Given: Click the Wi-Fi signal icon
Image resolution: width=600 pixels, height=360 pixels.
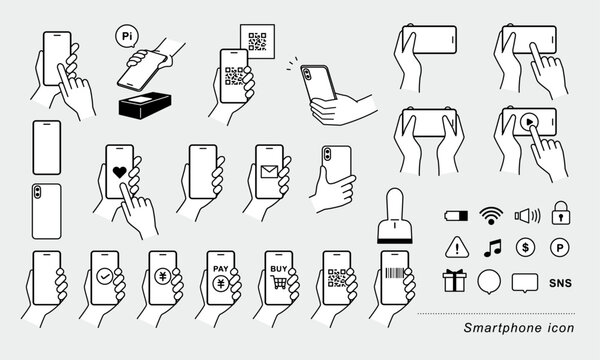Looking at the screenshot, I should pos(489,214).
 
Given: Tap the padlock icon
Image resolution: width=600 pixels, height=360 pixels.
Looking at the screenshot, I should pos(563,214).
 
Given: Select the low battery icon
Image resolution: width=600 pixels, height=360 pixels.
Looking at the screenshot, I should pos(452,215).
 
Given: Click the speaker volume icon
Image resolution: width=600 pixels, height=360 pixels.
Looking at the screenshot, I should pos(526,214).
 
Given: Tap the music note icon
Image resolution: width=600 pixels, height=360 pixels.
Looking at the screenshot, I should pos(489,247).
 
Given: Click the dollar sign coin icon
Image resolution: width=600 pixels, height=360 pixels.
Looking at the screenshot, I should pos(526,247).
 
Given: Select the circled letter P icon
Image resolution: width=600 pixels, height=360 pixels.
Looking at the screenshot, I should pos(563,247).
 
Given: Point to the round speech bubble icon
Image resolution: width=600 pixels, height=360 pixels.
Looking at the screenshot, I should pos(489,282).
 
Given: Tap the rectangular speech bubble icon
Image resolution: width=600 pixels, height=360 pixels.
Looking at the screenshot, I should pos(526,282).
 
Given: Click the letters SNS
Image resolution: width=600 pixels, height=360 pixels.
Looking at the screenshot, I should pos(563,282).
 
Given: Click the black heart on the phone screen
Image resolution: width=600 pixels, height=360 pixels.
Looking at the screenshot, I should pos(120,172).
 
